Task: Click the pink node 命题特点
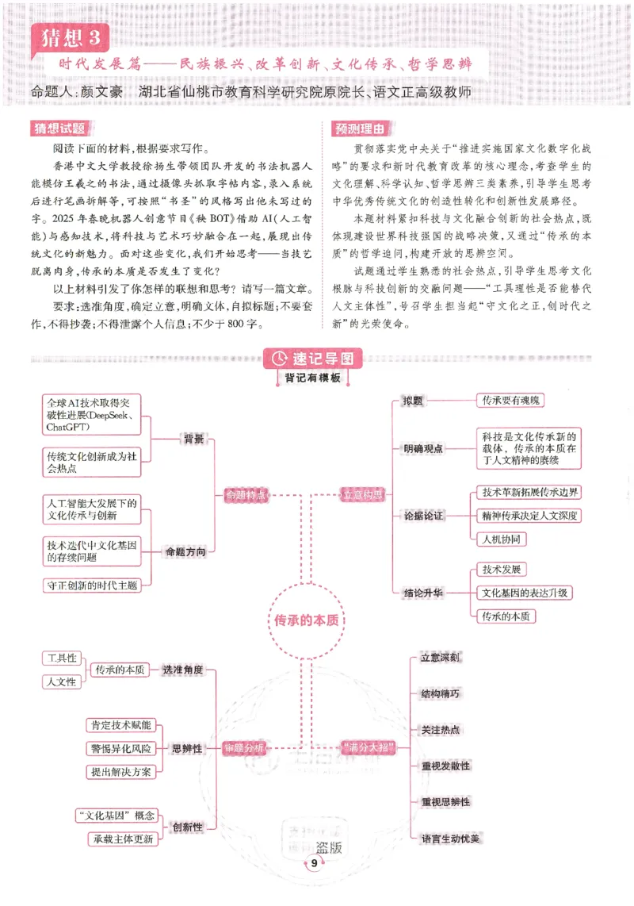246,495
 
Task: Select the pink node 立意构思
362,495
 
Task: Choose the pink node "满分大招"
367,747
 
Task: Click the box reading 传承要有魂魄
509,401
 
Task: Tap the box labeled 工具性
62,658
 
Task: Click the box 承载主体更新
121,839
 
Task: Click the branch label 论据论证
423,516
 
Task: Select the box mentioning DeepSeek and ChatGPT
91,415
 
